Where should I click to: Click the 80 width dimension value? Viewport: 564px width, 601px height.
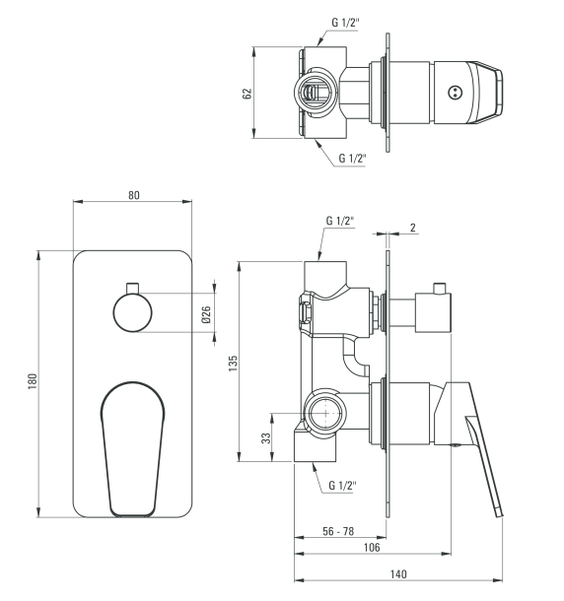click(133, 195)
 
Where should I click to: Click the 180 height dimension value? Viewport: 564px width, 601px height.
click(33, 381)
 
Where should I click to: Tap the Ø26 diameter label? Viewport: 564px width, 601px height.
click(206, 314)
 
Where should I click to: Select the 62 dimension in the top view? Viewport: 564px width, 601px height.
click(247, 94)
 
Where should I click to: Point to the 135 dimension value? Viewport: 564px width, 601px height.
click(233, 363)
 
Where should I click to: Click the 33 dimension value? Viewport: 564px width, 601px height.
click(266, 438)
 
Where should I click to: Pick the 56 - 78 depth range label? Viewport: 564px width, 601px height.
click(338, 531)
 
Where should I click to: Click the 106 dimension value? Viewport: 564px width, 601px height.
click(372, 548)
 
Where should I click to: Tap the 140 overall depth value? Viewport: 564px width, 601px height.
click(398, 574)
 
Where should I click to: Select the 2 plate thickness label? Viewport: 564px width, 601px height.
click(413, 228)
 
